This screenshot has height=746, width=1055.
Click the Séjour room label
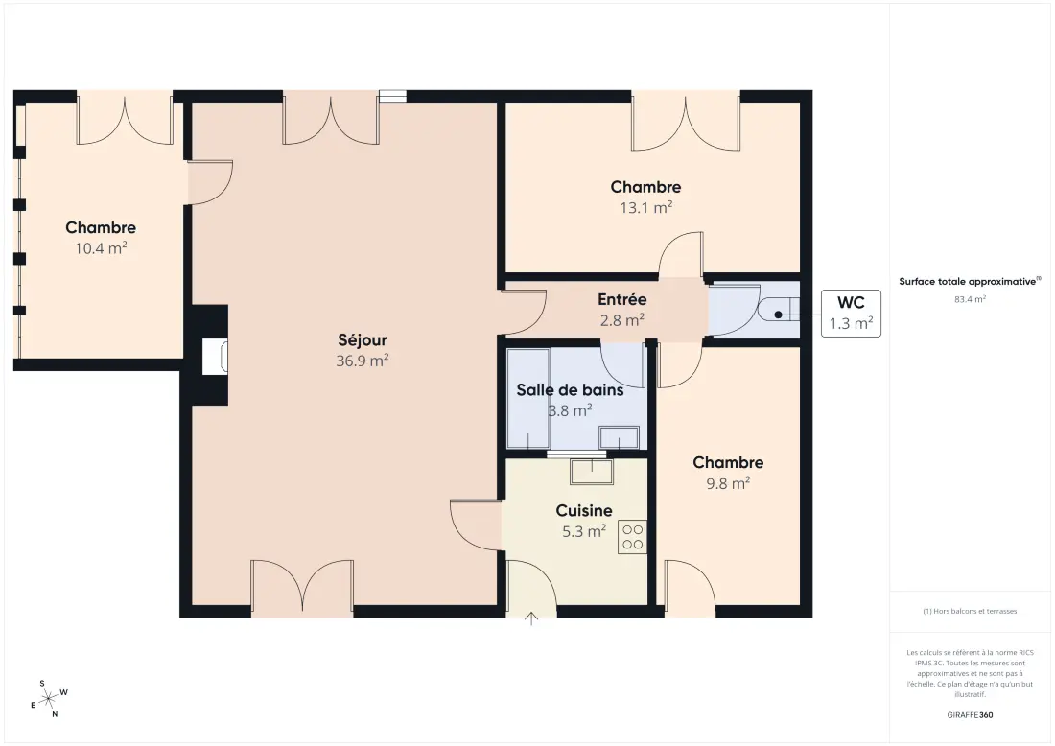pos(362,339)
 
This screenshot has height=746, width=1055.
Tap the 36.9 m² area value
pos(362,361)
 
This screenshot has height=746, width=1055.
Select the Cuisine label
pos(584,510)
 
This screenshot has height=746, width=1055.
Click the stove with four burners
pos(632,537)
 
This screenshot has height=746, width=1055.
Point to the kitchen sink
pos(592,472)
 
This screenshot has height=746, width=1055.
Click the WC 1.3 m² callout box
pos(851,314)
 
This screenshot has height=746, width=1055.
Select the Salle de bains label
pos(570,390)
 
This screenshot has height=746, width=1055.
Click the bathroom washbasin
pos(619,437)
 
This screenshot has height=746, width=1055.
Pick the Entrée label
pos(622,299)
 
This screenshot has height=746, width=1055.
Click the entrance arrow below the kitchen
pos(531,618)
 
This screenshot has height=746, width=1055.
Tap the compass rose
pos(49,700)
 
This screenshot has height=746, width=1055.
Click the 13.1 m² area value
pos(645,208)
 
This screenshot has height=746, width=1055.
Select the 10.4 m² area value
pos(101,248)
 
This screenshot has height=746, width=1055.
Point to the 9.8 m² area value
pos(728,483)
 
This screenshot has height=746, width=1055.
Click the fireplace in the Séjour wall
pos(215,356)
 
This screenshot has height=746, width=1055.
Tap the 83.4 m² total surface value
pos(970,299)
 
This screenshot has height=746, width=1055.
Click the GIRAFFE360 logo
pos(970,715)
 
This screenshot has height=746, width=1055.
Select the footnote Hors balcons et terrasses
pos(970,612)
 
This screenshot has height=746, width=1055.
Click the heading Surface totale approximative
pos(968,282)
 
